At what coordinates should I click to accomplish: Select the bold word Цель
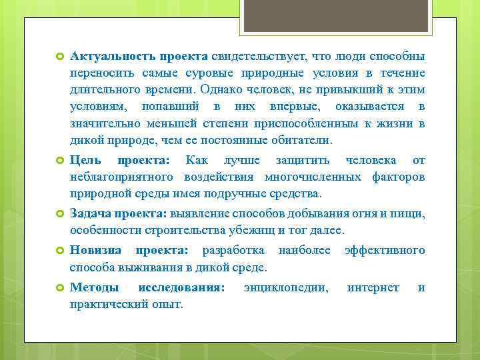[85, 160]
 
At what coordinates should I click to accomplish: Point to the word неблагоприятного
[122, 177]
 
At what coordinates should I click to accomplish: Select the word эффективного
[385, 250]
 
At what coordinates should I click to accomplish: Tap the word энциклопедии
[286, 287]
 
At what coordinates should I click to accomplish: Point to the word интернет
[373, 287]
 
